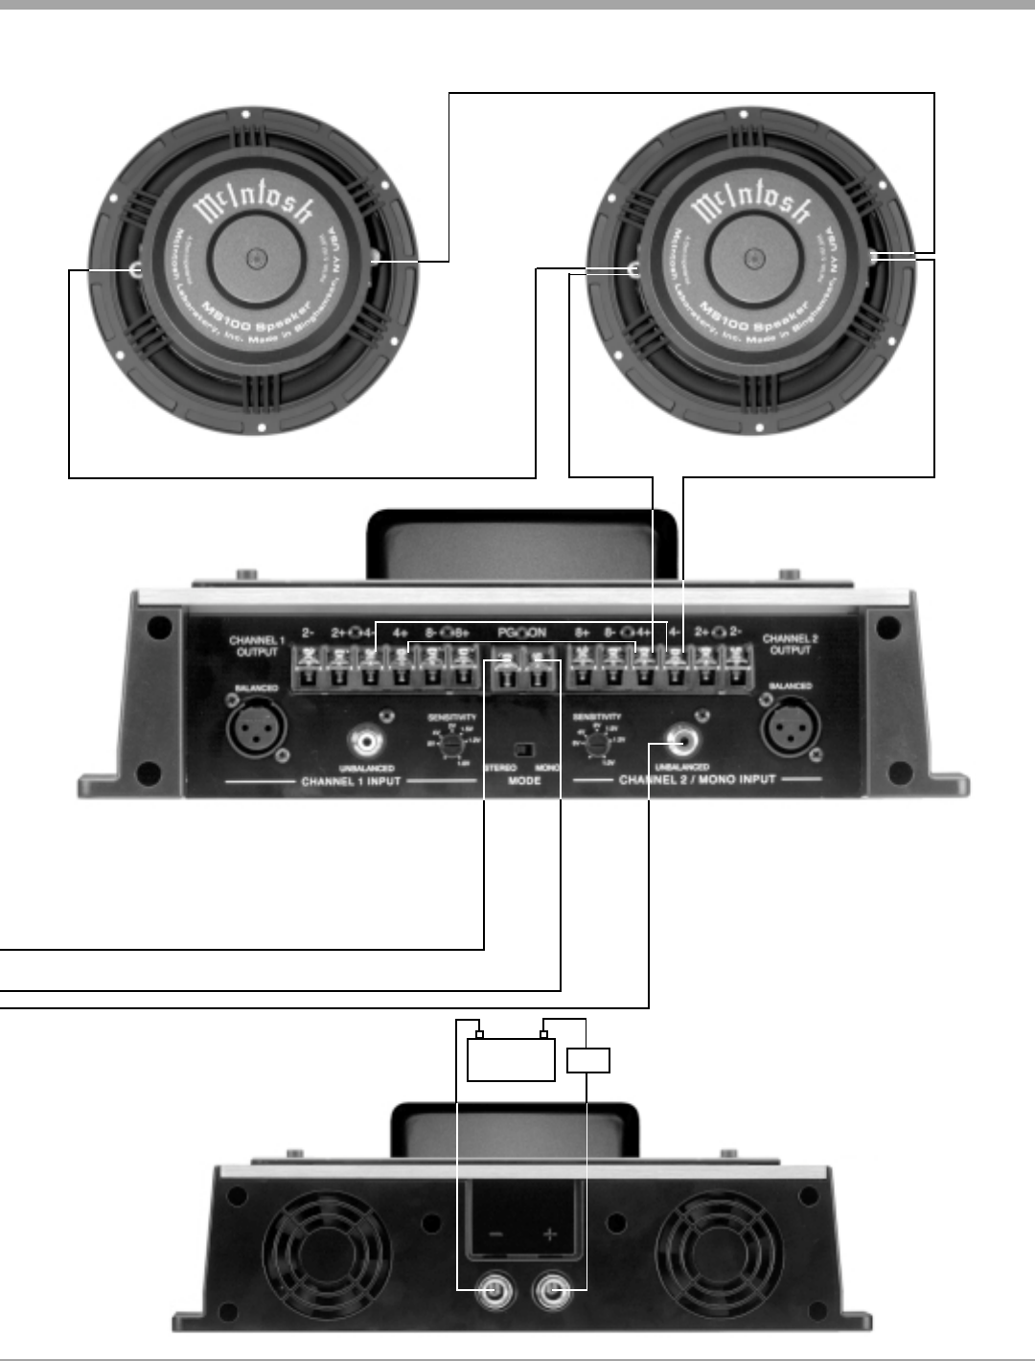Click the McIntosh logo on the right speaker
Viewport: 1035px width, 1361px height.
click(x=752, y=203)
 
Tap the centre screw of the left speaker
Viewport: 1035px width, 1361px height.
click(x=255, y=258)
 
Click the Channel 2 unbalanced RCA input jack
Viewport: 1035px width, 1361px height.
click(x=683, y=741)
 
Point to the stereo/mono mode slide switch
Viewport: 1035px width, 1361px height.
click(x=523, y=750)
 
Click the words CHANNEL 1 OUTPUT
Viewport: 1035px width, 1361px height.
click(x=257, y=646)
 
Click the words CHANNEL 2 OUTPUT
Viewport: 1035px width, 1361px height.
click(x=791, y=644)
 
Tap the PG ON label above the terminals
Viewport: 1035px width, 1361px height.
click(x=522, y=633)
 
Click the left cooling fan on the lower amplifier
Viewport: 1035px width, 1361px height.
click(x=326, y=1254)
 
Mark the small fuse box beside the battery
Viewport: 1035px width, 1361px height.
click(x=588, y=1061)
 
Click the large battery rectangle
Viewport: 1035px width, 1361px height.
click(x=511, y=1059)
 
